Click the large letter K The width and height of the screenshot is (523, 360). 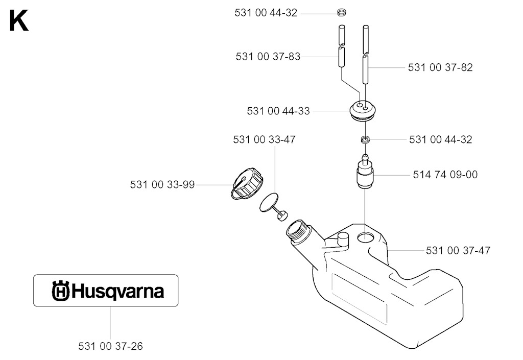(x=19, y=20)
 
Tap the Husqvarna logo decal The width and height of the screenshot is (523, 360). (x=106, y=291)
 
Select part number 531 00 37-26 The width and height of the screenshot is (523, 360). (x=110, y=346)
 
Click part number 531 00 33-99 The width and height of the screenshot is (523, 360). (x=162, y=185)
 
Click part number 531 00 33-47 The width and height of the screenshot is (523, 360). (x=264, y=139)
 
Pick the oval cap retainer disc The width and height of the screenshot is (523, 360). (x=270, y=202)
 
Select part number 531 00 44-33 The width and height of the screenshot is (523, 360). (x=278, y=111)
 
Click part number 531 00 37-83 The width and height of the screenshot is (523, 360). (x=268, y=57)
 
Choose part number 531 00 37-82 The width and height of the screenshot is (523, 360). (x=440, y=68)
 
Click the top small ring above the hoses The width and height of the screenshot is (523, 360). (x=341, y=13)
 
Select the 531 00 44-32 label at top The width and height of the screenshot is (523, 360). (x=266, y=13)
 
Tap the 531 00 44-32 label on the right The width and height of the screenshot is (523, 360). (x=441, y=139)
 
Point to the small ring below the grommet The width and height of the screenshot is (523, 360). (x=366, y=139)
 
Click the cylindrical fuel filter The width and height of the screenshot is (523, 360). (x=365, y=172)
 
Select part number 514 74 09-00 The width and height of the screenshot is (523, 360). (x=445, y=175)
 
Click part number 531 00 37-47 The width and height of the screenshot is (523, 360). (x=458, y=250)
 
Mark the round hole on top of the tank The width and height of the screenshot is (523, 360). (x=366, y=237)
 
